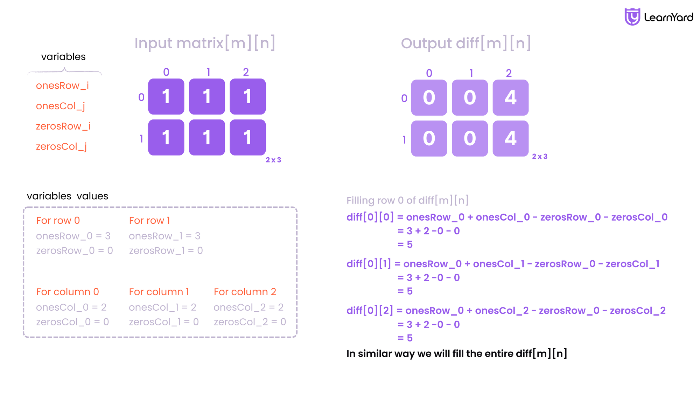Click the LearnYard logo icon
[x=632, y=17]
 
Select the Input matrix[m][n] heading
[x=205, y=43]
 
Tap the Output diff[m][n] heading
[x=466, y=43]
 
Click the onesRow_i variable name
[x=62, y=85]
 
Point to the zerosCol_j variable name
[x=61, y=147]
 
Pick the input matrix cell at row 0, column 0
[x=166, y=97]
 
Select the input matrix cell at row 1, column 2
[x=248, y=137]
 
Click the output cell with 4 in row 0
[x=511, y=98]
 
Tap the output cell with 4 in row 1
[x=511, y=139]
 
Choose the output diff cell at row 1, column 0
[x=429, y=139]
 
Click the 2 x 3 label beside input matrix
[x=273, y=160]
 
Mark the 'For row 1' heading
[x=149, y=221]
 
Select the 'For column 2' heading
[x=245, y=292]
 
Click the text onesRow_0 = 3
[x=73, y=236]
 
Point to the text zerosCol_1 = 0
[x=164, y=322]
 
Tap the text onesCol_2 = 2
[x=248, y=307]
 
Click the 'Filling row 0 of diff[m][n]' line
[x=407, y=200]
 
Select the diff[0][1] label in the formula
[x=369, y=264]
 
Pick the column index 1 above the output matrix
[x=471, y=73]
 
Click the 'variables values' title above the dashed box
[x=68, y=196]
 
